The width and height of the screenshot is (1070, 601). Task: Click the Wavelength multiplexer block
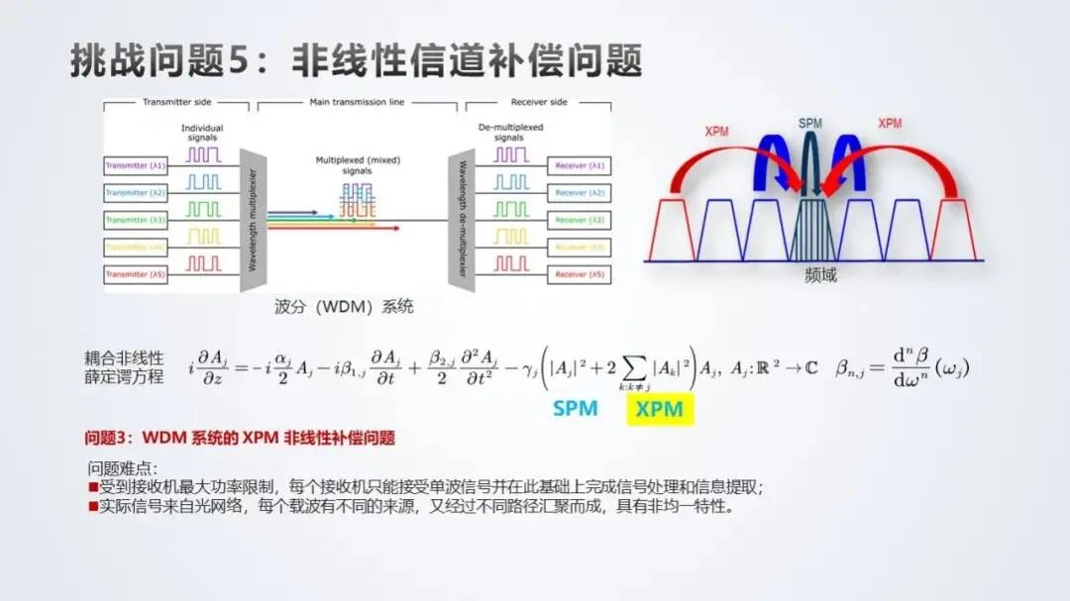(254, 220)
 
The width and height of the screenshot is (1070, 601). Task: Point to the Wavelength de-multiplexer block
(462, 220)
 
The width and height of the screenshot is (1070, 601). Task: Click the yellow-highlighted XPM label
(660, 409)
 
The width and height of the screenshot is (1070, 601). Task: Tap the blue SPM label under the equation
(575, 408)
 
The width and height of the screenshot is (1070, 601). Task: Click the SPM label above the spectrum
(810, 123)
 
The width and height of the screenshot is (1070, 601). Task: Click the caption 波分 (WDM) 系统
(344, 307)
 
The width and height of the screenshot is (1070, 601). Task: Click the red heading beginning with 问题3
(240, 437)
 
